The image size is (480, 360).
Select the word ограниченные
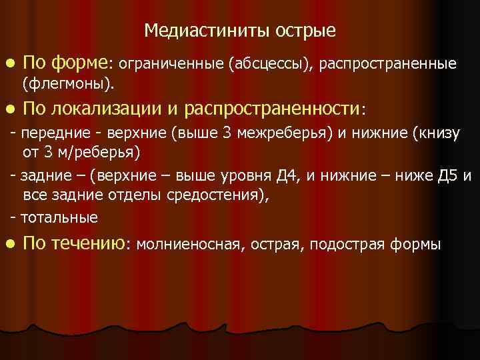click(x=173, y=64)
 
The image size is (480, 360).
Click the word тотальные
click(x=59, y=217)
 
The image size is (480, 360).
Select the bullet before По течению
click(x=9, y=243)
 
